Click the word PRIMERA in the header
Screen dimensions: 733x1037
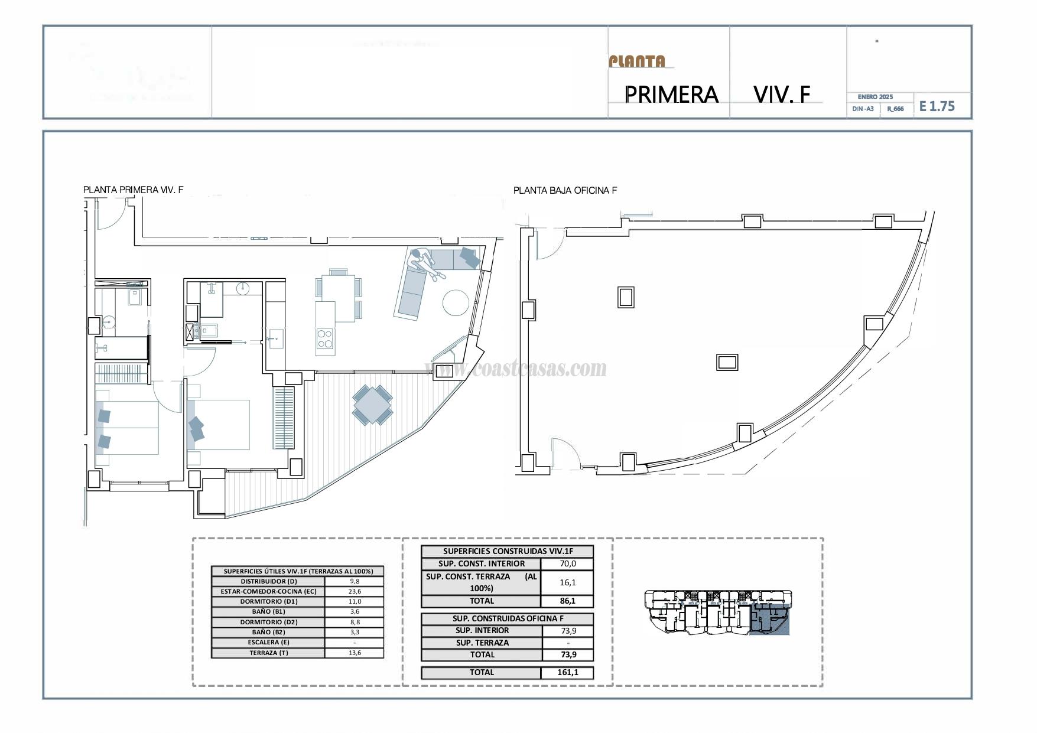pos(671,95)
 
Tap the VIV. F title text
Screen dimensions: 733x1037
pos(782,94)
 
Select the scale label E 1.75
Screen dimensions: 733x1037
pos(937,106)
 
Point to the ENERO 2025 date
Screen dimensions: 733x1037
pos(875,97)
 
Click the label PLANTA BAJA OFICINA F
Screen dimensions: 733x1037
pos(565,190)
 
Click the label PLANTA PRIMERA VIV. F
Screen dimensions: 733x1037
pos(133,190)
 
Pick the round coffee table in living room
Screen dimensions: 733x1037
pos(456,302)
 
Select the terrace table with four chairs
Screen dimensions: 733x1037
pos(372,405)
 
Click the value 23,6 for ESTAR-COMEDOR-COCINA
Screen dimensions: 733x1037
pos(355,591)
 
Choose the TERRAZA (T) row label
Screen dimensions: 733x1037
pos(268,653)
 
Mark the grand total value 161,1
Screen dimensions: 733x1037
pos(567,672)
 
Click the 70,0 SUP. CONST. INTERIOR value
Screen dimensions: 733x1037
pos(567,563)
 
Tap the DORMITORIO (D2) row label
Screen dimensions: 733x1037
pos(268,622)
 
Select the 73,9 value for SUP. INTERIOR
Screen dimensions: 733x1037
pos(567,630)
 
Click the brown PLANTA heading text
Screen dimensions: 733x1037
pos(637,61)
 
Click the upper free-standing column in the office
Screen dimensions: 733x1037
pos(626,297)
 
